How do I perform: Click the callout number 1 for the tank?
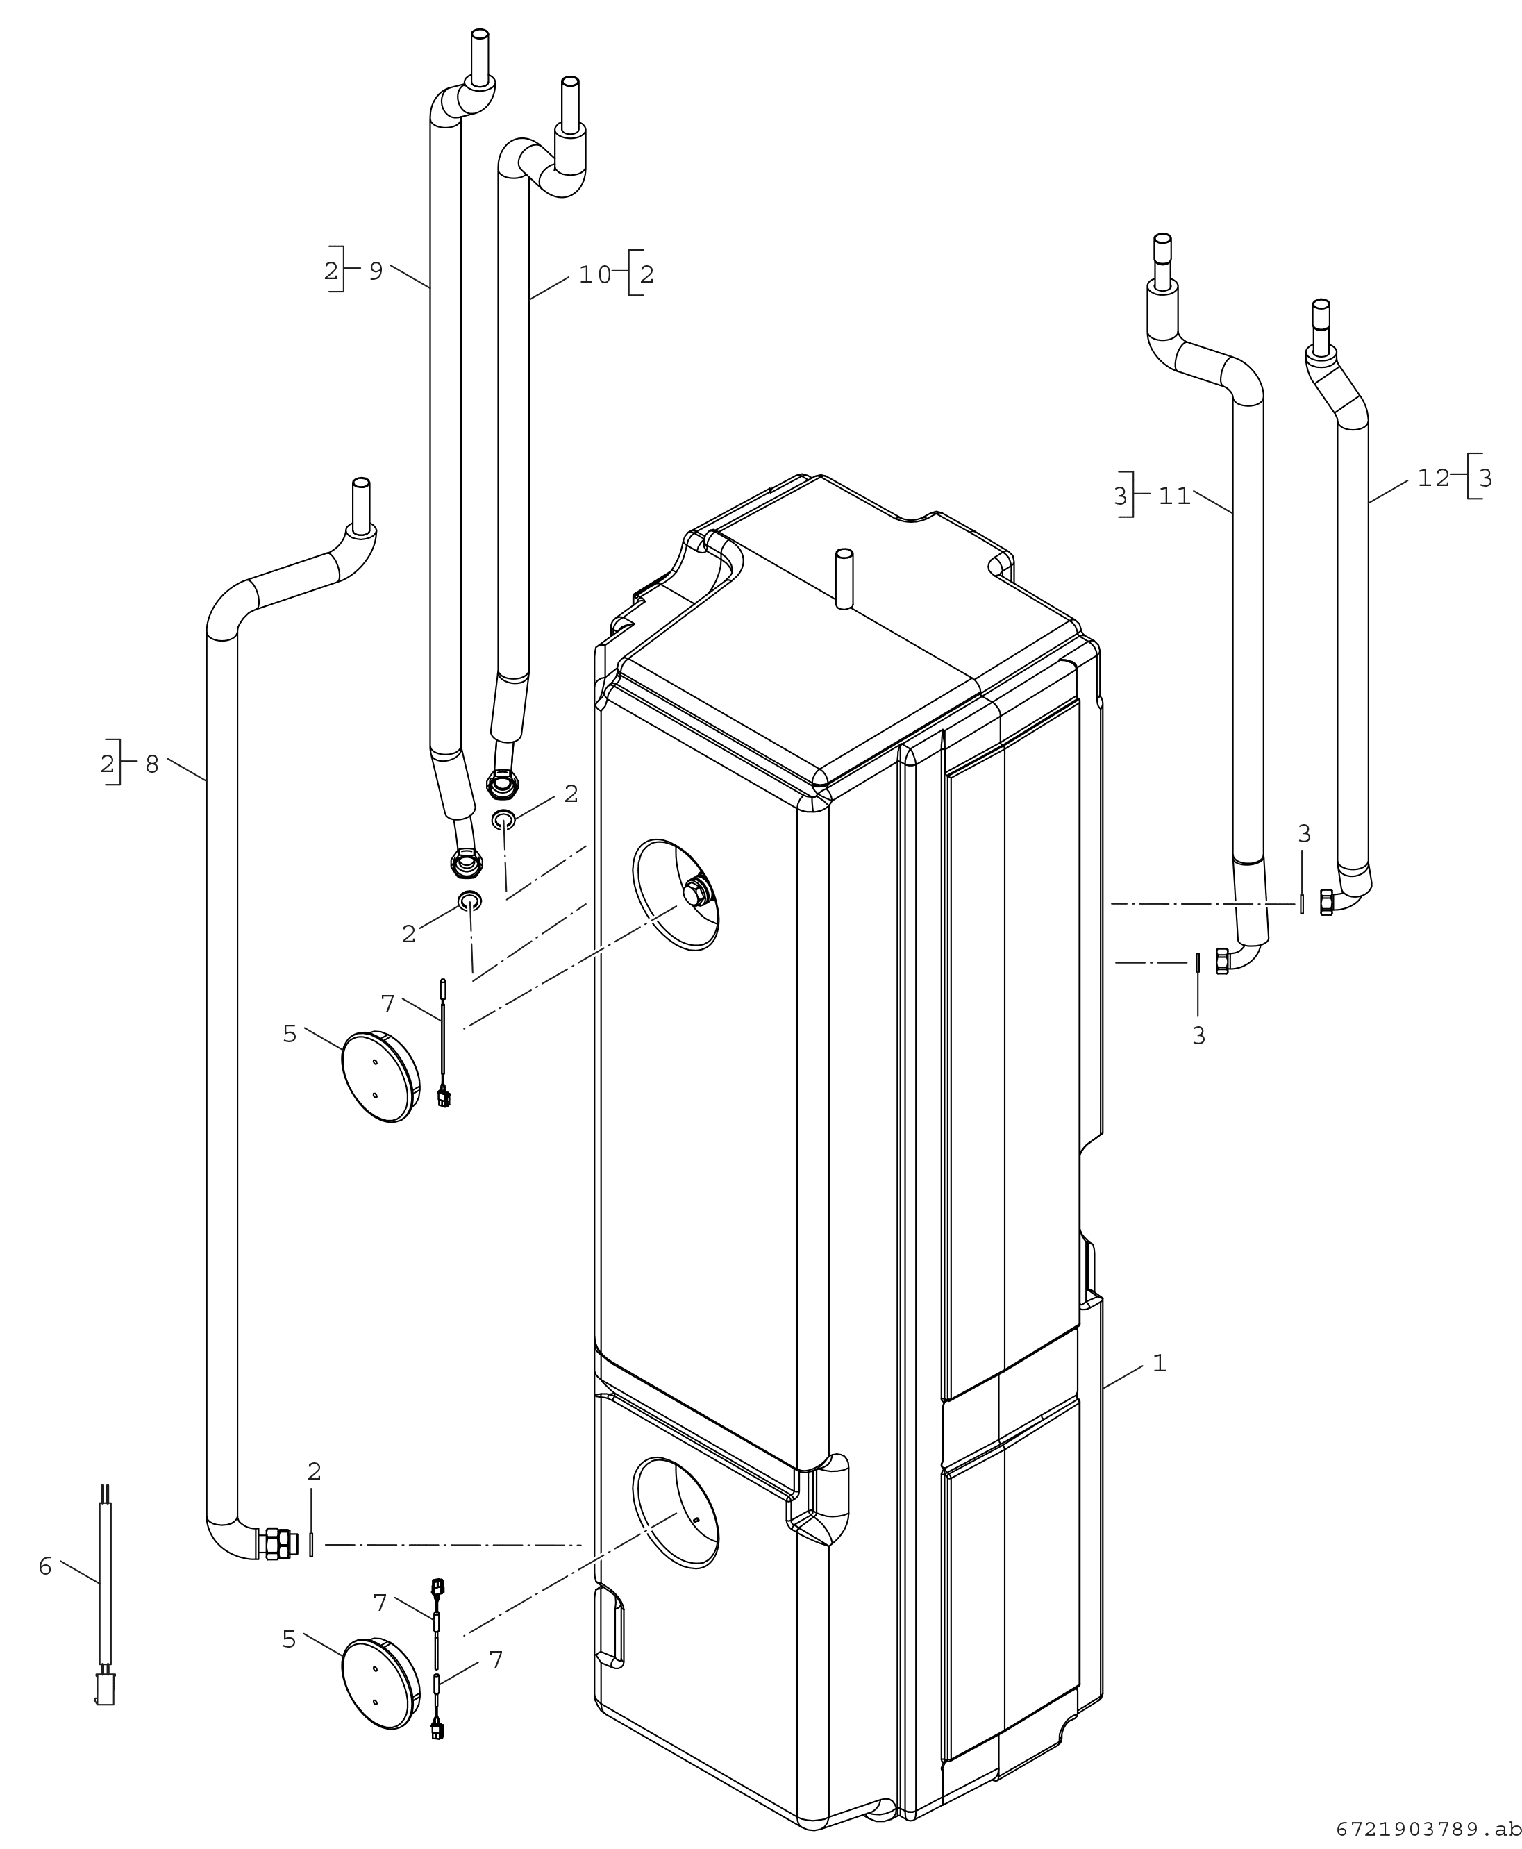pos(1159,1363)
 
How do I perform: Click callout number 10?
pos(594,274)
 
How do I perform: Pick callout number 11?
pos(1174,496)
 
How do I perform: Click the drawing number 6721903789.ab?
pos(1428,1829)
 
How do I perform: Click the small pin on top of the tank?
pos(844,578)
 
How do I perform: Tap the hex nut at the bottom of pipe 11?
pos(1222,961)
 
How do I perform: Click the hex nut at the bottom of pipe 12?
pos(1326,901)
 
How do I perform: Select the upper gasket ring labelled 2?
pos(503,821)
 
